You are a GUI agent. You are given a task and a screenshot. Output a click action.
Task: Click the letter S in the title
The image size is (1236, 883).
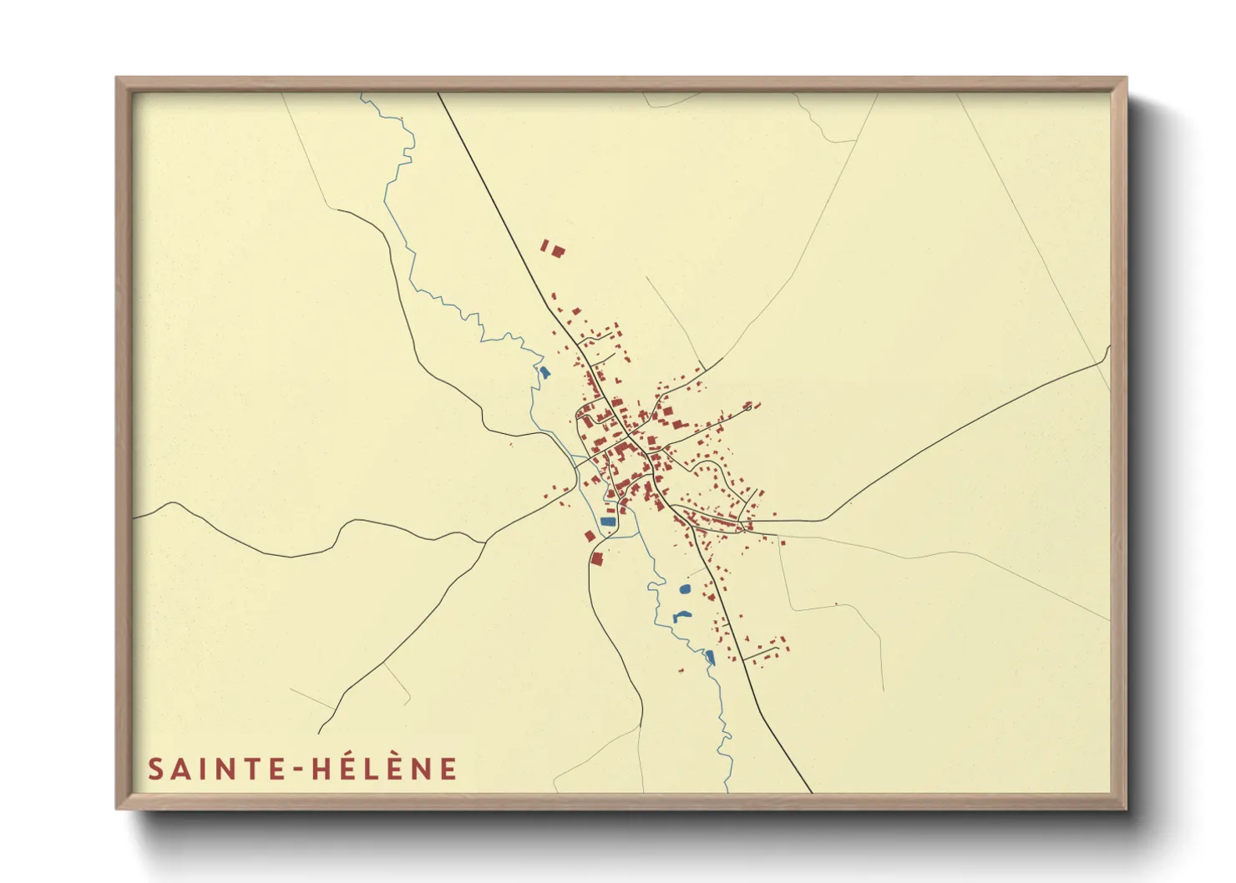[155, 769]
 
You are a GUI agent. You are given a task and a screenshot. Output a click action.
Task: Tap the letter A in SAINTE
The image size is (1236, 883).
[180, 769]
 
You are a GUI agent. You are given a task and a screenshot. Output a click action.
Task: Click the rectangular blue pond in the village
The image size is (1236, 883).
[607, 522]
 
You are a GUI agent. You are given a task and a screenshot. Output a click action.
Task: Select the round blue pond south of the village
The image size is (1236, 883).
[685, 589]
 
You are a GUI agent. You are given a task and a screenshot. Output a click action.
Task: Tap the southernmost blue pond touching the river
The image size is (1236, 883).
[710, 657]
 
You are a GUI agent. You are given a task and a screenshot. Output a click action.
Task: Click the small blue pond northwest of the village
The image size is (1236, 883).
[545, 372]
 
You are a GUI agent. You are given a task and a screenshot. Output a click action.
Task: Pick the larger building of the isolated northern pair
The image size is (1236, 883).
[557, 250]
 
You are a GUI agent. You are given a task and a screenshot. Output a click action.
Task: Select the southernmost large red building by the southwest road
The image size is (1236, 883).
[597, 558]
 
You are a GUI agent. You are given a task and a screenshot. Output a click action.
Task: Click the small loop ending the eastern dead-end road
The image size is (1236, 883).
[750, 406]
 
